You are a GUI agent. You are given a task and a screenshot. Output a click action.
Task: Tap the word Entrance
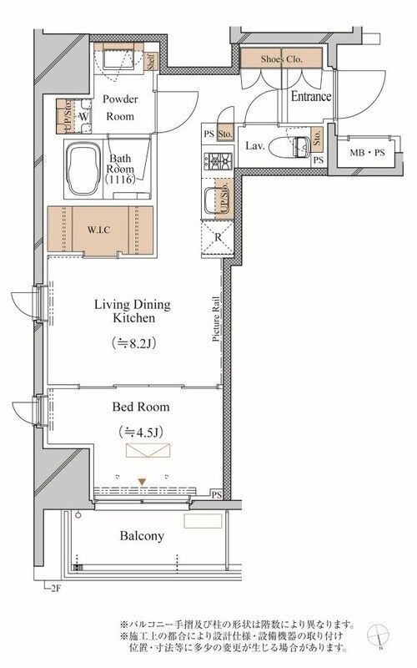click(310, 97)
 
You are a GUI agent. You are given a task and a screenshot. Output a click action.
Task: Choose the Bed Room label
click(141, 407)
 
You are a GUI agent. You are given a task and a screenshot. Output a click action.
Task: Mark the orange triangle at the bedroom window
click(143, 481)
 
